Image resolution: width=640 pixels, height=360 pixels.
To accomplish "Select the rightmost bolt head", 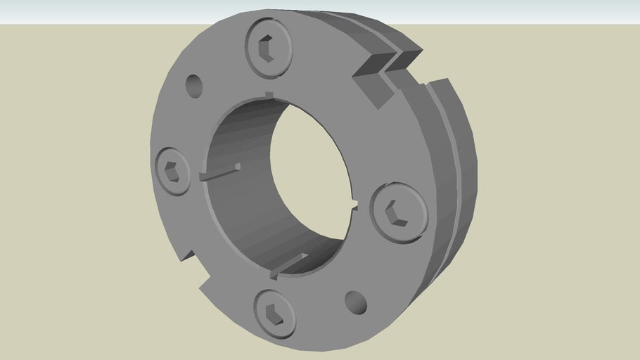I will click(x=398, y=210).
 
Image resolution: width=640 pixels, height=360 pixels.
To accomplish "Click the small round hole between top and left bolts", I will click(x=193, y=86).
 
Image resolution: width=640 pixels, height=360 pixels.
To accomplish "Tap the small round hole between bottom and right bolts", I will click(x=357, y=302).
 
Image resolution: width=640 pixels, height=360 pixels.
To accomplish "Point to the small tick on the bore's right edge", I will click(x=353, y=205).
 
